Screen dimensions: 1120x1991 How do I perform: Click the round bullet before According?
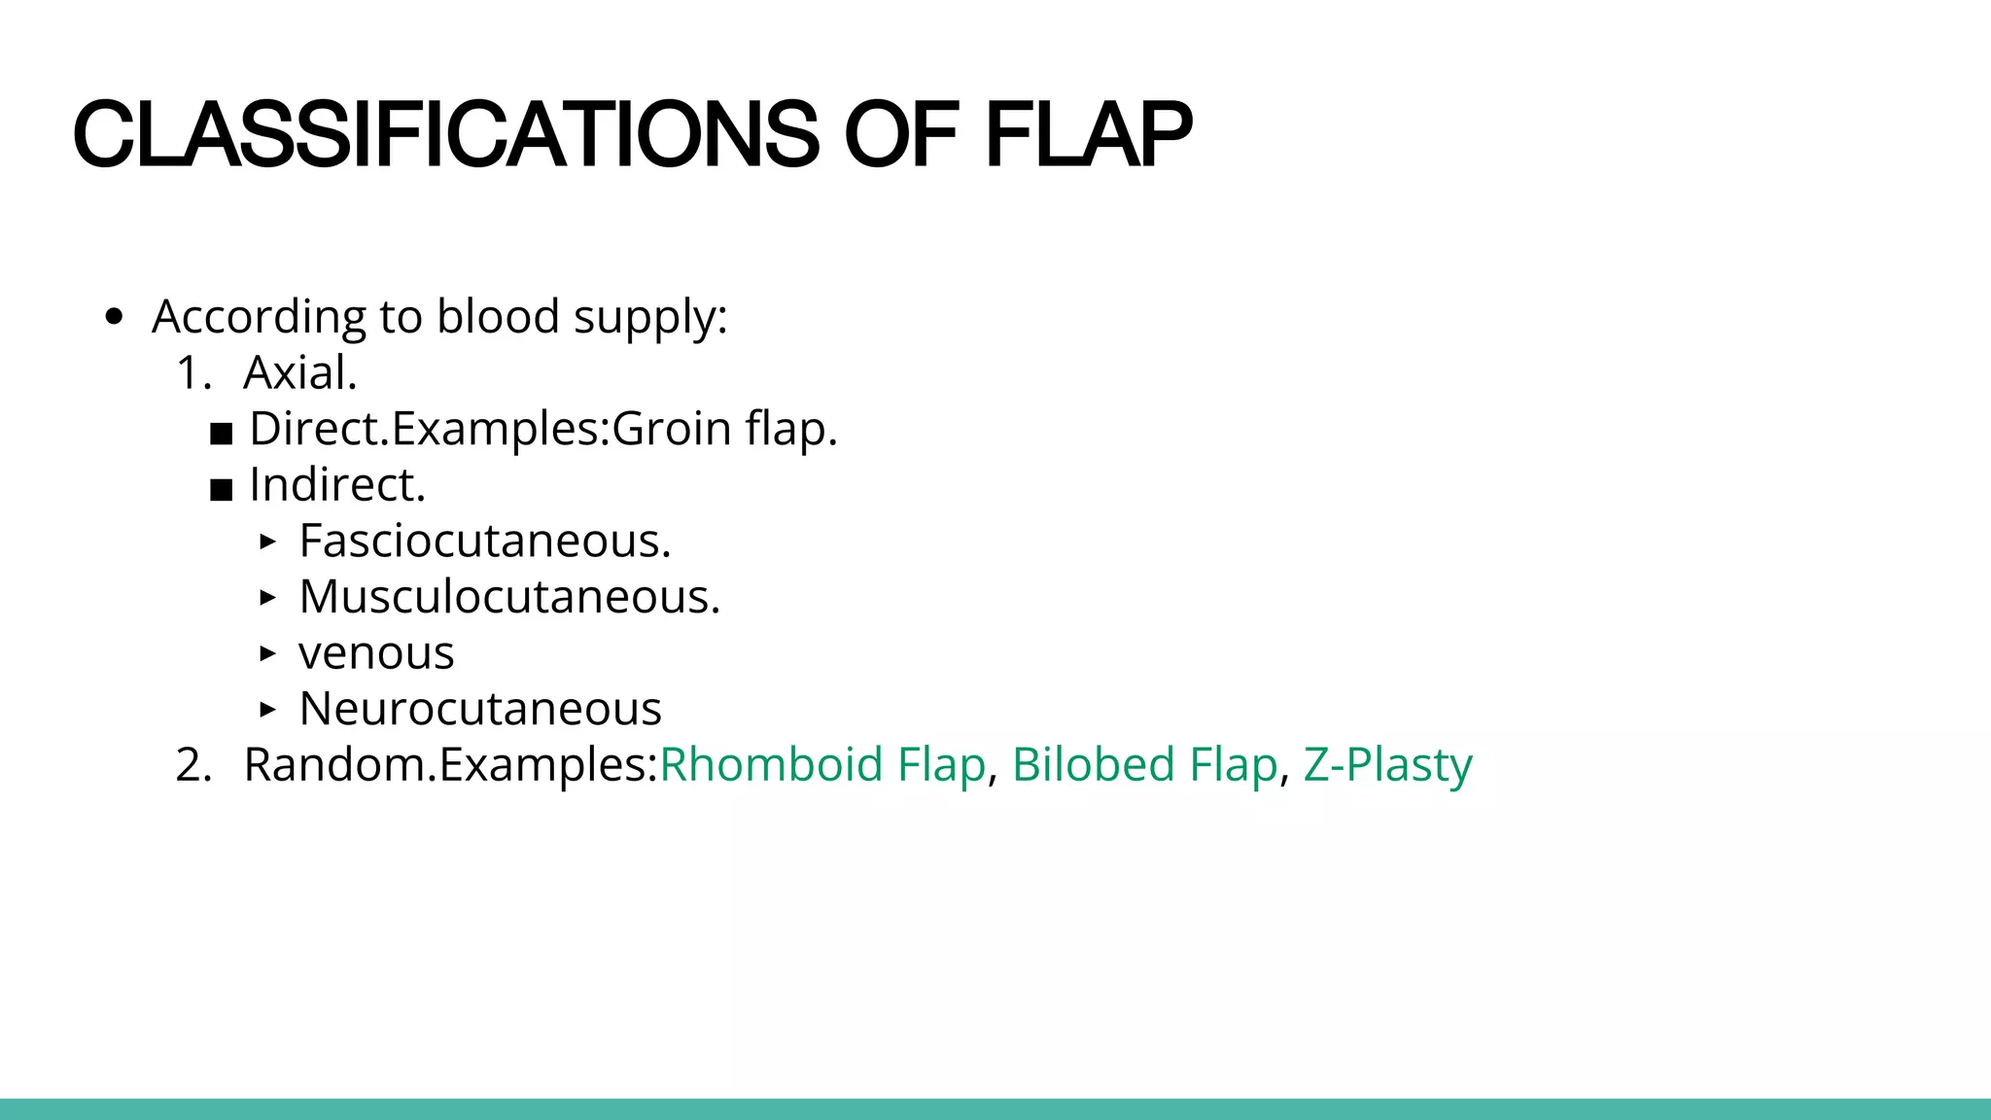tap(115, 317)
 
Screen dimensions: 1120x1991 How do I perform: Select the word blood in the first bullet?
tap(498, 317)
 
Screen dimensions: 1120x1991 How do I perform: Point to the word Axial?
tap(299, 372)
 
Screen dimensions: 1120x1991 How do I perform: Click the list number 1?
tap(192, 372)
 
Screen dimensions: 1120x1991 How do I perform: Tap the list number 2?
tap(192, 764)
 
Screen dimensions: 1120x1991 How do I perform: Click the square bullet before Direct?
tap(222, 434)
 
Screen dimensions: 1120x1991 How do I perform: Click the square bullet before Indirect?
tap(222, 489)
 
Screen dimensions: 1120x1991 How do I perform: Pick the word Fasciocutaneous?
tap(484, 541)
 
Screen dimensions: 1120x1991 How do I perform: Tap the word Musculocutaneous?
tap(508, 597)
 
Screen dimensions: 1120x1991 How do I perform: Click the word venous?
tap(376, 653)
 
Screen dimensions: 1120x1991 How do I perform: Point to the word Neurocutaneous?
tap(480, 709)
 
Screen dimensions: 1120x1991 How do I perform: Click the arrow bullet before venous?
tap(268, 653)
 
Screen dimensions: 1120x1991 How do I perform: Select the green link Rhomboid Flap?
tap(822, 764)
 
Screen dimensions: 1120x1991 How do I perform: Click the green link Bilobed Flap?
tap(1144, 764)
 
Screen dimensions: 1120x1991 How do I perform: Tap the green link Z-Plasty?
tap(1387, 764)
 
